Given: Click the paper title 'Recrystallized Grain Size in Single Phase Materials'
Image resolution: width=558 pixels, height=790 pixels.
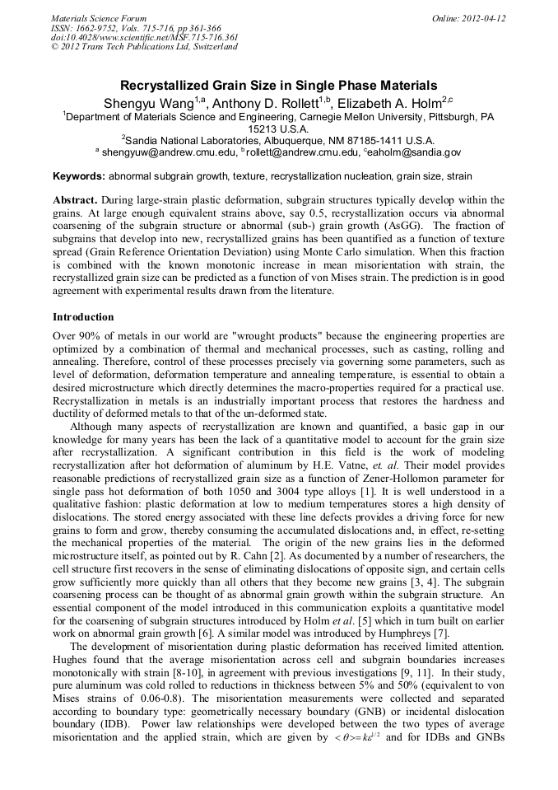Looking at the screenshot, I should click(x=278, y=85).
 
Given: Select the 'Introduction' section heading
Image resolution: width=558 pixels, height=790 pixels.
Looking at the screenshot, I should click(x=83, y=317).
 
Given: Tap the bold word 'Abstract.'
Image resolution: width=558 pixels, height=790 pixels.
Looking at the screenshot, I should click(x=76, y=200).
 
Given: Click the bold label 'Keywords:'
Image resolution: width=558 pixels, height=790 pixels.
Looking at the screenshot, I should click(x=79, y=176).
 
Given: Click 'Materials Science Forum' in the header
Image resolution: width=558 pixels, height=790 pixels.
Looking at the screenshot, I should click(x=98, y=18).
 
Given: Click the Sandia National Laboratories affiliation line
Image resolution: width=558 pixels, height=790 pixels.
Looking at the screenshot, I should click(x=278, y=141).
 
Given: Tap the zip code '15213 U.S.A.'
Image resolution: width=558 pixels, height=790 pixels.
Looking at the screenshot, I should click(x=279, y=129).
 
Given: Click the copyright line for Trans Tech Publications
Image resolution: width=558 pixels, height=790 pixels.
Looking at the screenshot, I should click(x=144, y=47).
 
